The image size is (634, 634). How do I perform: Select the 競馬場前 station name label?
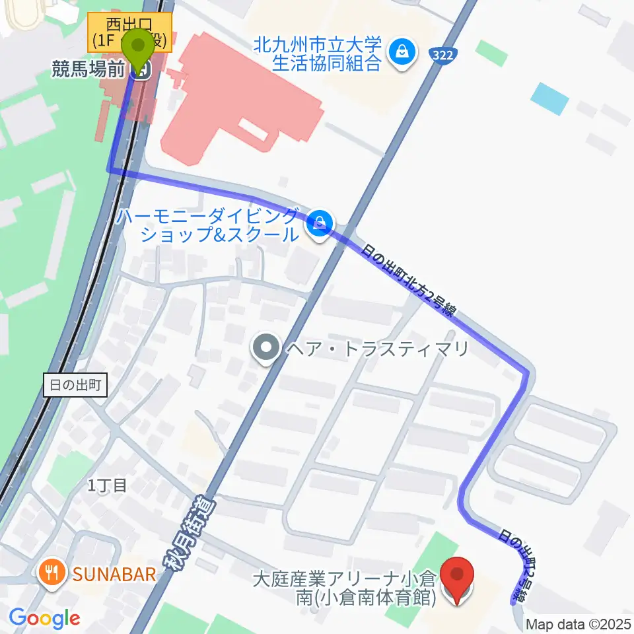tap(88, 69)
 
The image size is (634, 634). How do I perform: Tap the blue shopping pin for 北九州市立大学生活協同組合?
tap(401, 51)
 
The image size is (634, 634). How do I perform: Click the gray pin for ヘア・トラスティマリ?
tap(267, 347)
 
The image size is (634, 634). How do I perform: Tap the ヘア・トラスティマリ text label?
tap(375, 348)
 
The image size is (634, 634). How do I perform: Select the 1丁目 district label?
tap(108, 487)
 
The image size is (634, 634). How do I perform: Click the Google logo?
tap(44, 618)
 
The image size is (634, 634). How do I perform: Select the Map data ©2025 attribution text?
tap(579, 624)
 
